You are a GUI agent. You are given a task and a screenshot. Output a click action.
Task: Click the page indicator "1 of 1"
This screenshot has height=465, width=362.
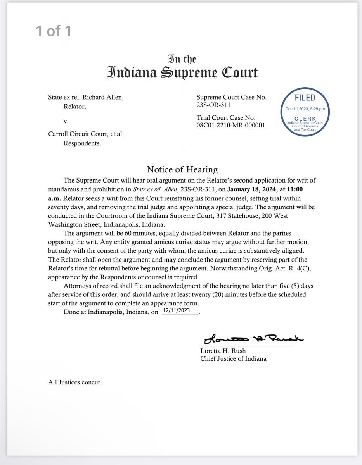pos(54,31)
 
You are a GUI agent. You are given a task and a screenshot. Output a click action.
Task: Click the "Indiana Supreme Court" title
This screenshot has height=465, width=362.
pos(182,72)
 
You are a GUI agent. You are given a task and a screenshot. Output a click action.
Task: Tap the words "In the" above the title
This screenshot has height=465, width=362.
pos(182,59)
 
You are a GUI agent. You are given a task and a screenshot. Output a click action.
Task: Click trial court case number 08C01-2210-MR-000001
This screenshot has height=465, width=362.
pos(231,125)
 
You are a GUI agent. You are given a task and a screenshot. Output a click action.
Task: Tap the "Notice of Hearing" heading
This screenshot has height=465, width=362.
pos(182,169)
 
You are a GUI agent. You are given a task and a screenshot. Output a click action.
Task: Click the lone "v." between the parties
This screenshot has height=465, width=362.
pos(66,121)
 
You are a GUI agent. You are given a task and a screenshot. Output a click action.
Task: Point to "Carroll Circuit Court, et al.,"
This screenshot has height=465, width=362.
pos(87,134)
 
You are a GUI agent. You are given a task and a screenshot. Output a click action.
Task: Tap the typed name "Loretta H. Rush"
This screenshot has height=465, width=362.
pos(223,351)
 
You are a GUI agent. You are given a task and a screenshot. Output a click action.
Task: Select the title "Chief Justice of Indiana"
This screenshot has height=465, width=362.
pos(233,358)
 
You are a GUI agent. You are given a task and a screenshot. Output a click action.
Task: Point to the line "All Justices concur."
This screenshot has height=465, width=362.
pos(75,382)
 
